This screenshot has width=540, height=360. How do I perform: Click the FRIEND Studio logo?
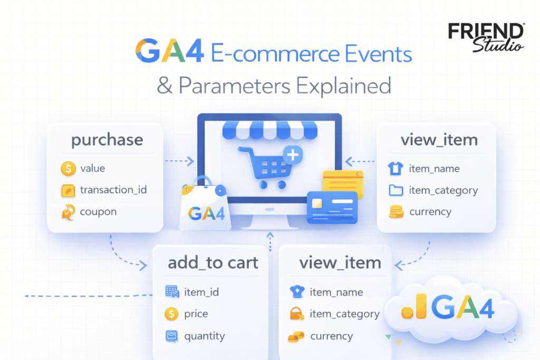tap(486, 37)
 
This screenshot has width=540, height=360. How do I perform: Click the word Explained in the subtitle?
tap(343, 86)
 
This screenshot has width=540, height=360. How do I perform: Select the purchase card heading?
tap(107, 140)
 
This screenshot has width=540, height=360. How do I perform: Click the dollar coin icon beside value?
tap(68, 169)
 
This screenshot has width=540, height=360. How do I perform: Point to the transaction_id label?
tap(113, 190)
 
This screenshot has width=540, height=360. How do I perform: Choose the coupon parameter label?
tap(98, 212)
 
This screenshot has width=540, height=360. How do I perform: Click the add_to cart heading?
tap(213, 263)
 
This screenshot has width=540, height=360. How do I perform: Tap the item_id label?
tap(201, 292)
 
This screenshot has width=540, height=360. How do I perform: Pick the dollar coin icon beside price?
tap(171, 314)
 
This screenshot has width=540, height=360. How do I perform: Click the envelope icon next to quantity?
tap(172, 336)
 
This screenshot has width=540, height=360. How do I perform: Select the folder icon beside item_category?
tap(396, 190)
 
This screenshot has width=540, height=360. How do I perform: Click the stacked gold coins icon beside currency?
tap(396, 212)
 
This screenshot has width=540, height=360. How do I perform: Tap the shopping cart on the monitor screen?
tap(265, 168)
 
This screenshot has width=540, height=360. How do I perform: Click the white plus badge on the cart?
tap(293, 155)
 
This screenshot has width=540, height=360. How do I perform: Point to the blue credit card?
tap(332, 207)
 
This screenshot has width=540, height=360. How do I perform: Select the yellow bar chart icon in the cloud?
tap(414, 306)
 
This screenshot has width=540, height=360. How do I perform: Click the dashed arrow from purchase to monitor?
tap(179, 161)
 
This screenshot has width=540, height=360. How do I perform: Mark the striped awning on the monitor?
tap(269, 130)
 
